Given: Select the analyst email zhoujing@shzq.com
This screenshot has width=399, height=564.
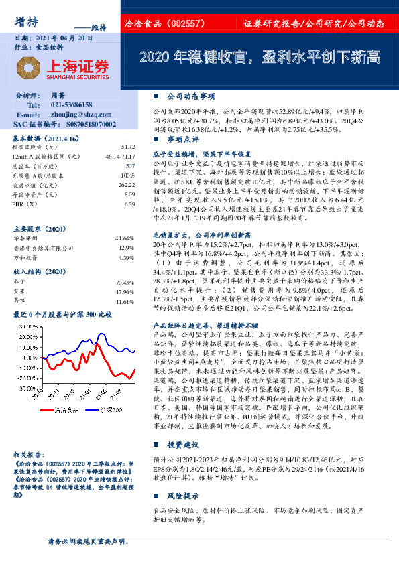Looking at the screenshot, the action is point(78,115).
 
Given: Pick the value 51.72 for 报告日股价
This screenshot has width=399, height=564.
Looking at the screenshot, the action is point(127,147).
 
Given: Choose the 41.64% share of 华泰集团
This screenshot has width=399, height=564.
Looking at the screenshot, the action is point(125,238).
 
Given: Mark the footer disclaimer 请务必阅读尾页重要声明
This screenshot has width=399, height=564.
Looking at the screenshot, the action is point(88,541).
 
